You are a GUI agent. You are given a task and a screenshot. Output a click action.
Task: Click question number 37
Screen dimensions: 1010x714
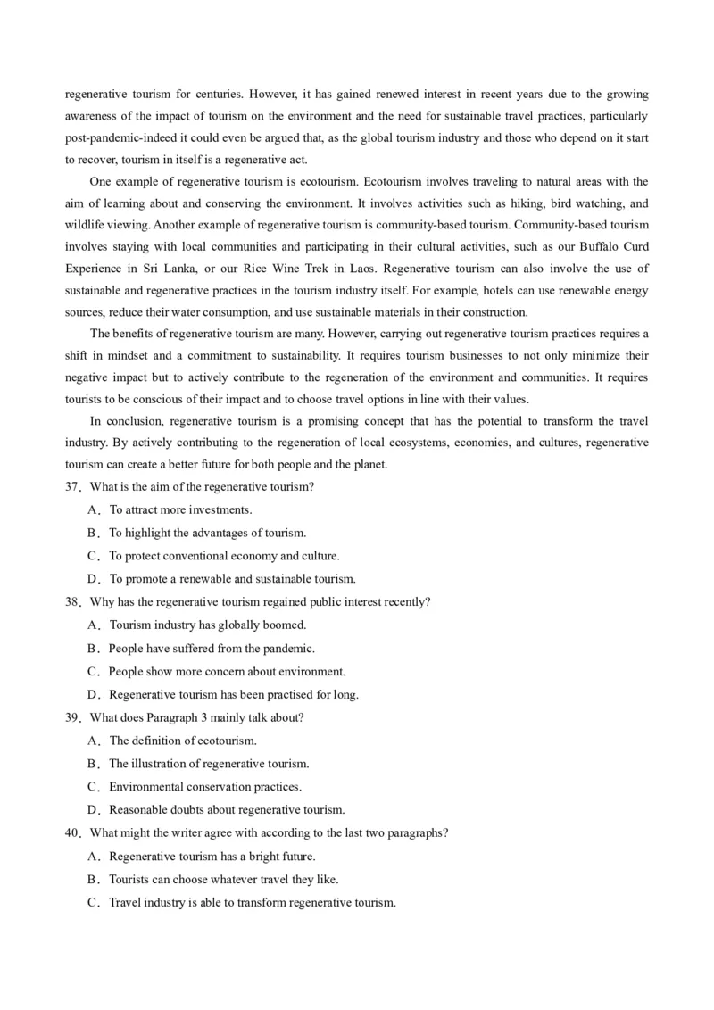pyautogui.click(x=71, y=487)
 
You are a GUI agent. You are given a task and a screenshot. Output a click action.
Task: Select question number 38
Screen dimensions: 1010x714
pyautogui.click(x=71, y=602)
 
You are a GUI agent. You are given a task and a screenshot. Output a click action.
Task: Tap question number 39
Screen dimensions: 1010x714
pyautogui.click(x=71, y=717)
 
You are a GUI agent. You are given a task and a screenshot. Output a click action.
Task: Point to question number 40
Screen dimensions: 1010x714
pyautogui.click(x=71, y=833)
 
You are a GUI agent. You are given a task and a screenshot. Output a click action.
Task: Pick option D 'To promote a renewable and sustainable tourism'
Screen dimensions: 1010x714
pyautogui.click(x=232, y=579)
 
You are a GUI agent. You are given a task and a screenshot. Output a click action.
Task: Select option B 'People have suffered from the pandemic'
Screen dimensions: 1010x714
pyautogui.click(x=212, y=649)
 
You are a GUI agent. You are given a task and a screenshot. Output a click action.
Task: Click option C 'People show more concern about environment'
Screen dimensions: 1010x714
pyautogui.click(x=227, y=672)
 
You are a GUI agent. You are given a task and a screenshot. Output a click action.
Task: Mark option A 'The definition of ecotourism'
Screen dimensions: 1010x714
pyautogui.click(x=183, y=741)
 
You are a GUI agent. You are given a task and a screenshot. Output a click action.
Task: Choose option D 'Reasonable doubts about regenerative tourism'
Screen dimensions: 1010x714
pyautogui.click(x=227, y=810)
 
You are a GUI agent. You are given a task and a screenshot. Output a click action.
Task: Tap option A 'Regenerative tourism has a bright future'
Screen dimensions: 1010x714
pyautogui.click(x=212, y=857)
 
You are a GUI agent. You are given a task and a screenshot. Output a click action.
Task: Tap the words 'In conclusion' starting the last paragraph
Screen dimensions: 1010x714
pyautogui.click(x=123, y=420)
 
